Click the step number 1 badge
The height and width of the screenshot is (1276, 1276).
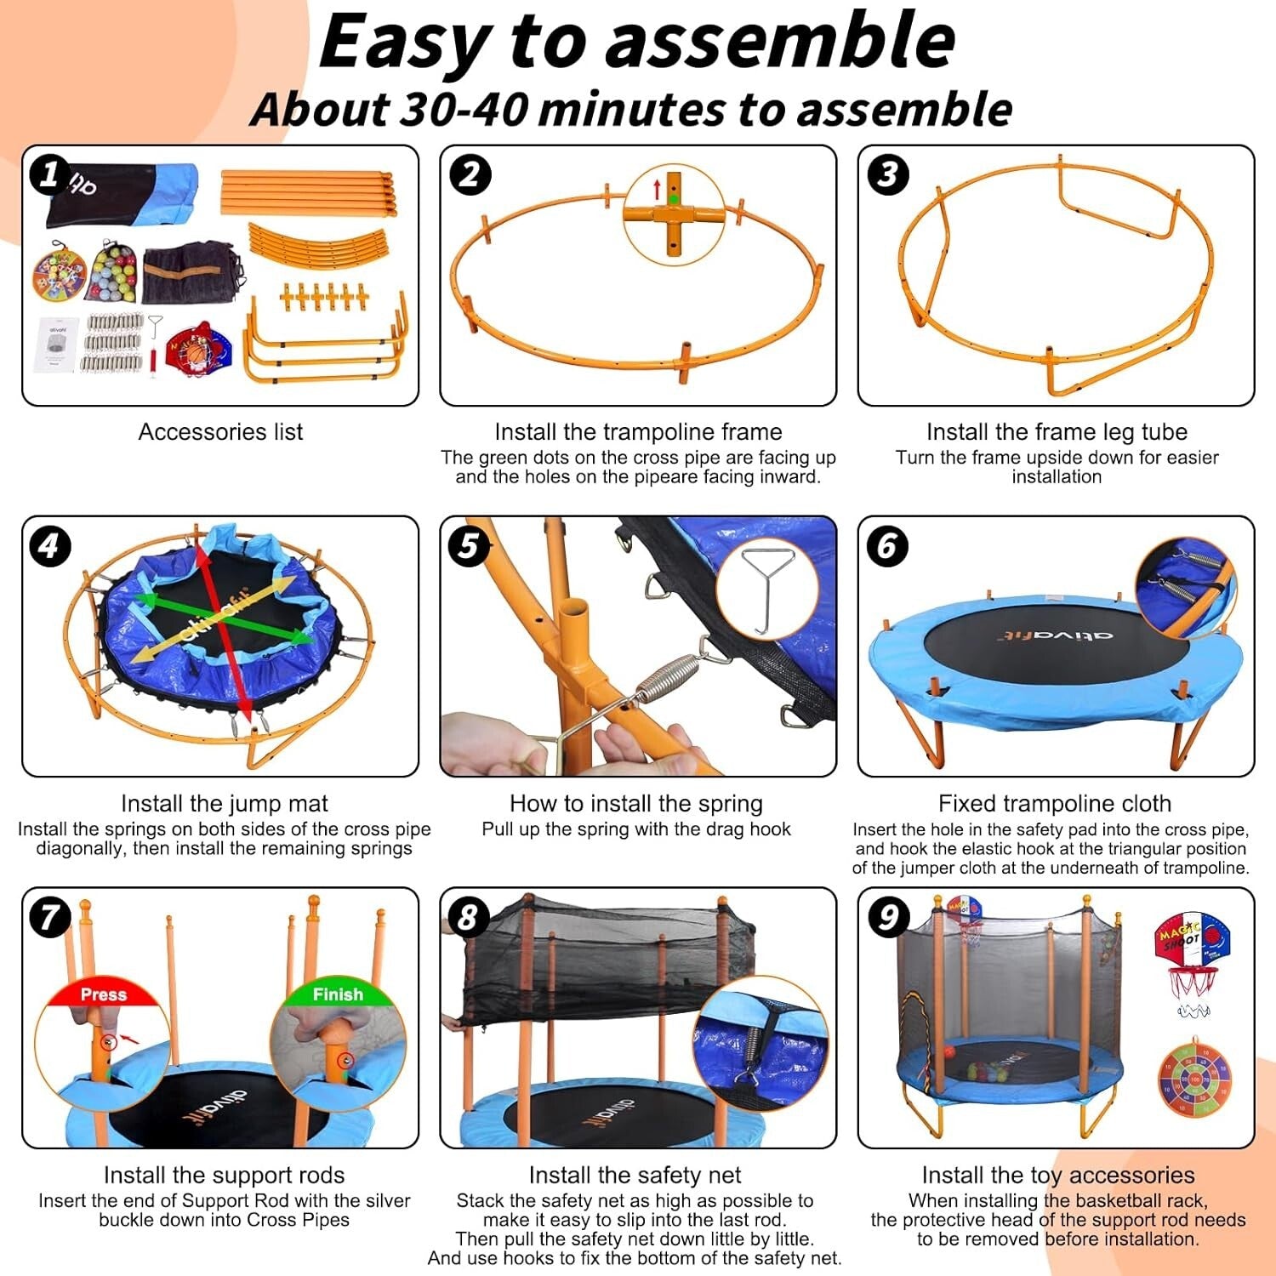(x=49, y=174)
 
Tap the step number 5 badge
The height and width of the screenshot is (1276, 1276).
(x=469, y=546)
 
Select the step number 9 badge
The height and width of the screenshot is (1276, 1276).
(x=887, y=917)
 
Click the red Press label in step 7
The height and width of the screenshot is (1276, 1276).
(x=103, y=994)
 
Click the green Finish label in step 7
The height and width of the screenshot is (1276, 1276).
(x=338, y=994)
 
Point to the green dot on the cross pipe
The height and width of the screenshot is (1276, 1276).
(x=674, y=199)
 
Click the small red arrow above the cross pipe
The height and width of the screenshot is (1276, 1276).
(x=657, y=190)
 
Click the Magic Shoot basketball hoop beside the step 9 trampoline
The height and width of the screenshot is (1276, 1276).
(x=1193, y=957)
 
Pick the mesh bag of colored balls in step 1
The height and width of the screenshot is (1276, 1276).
(x=113, y=272)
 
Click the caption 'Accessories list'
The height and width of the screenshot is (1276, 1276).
(x=220, y=432)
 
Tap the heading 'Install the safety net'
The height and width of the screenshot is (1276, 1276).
(x=635, y=1175)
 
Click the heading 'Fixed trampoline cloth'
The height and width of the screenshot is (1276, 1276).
(x=1055, y=803)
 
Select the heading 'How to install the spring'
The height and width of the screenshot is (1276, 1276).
(x=635, y=803)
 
